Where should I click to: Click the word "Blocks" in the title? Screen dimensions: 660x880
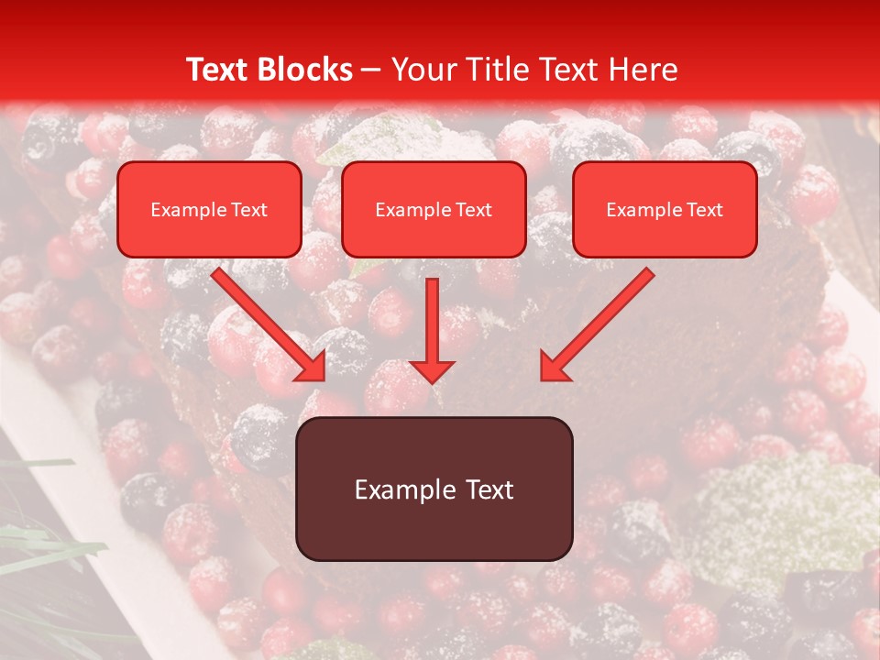tap(306, 70)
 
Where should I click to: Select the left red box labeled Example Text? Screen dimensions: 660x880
tap(209, 210)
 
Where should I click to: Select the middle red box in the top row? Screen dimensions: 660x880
tap(434, 210)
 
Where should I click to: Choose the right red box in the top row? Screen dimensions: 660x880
tap(665, 210)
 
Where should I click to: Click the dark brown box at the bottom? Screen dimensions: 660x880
tap(434, 489)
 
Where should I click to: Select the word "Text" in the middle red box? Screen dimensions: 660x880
tap(474, 210)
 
